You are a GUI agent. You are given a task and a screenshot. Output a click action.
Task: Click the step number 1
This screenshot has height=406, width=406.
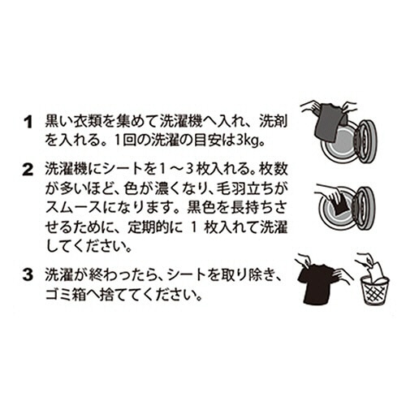point(28,123)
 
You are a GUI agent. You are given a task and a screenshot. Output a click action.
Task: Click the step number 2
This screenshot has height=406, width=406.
point(28,170)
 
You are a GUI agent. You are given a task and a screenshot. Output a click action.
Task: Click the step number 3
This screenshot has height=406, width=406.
point(28,274)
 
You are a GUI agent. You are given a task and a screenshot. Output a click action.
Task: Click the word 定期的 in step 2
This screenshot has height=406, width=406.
point(148,228)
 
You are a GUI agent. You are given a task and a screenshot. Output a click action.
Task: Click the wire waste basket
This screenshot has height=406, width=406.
point(375,291)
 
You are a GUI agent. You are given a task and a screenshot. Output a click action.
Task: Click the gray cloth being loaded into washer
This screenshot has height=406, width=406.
point(328,122)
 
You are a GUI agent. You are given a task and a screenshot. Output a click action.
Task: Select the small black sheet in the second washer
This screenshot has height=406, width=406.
point(339,207)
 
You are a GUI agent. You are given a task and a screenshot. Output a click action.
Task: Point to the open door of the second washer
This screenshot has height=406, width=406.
point(365,208)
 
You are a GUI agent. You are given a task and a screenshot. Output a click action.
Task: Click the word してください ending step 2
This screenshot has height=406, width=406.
point(87,248)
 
